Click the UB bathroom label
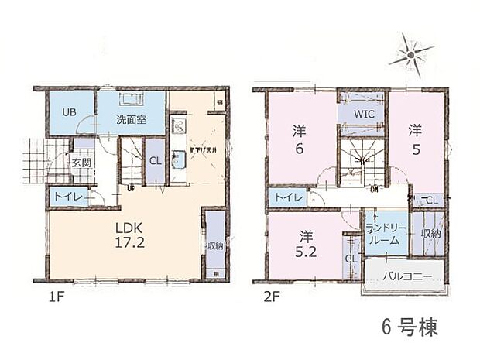pyautogui.click(x=69, y=111)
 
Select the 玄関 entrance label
pyautogui.click(x=81, y=163)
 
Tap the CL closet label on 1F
pyautogui.click(x=155, y=161)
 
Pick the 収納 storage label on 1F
pyautogui.click(x=214, y=246)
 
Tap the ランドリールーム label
pyautogui.click(x=385, y=233)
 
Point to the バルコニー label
pyautogui.click(x=403, y=274)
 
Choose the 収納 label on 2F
pyautogui.click(x=431, y=233)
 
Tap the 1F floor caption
pyautogui.click(x=51, y=296)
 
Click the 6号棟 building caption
pyautogui.click(x=410, y=327)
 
